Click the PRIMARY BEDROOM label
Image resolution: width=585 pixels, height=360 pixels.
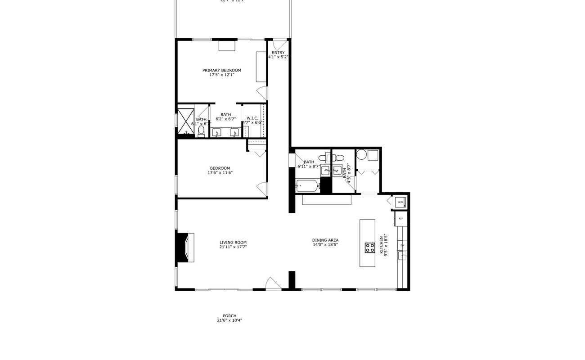pos(221,70)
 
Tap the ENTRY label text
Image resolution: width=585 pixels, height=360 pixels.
pos(278,53)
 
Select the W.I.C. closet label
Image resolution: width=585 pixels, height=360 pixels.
pos(252,118)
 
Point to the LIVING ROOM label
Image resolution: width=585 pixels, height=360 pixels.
pos(233,243)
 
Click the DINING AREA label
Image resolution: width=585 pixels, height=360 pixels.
pos(325,240)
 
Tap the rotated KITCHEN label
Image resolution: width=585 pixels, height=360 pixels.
pos(382,245)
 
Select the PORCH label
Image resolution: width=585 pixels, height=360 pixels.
pos(229,316)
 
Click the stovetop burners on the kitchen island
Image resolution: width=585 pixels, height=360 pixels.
pos(370,247)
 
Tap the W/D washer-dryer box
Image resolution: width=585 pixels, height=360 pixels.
pos(400,202)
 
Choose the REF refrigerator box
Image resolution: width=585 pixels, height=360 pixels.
pos(400,219)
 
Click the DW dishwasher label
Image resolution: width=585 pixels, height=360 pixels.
pos(402,245)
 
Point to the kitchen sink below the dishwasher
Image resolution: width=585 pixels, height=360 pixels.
pos(402,256)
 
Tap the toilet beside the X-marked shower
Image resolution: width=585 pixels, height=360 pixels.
pos(201,130)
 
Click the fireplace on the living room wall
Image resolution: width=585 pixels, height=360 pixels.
pos(185,247)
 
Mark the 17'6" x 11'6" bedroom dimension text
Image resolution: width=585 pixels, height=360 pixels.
pos(220,173)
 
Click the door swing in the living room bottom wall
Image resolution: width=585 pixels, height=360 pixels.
pos(273,283)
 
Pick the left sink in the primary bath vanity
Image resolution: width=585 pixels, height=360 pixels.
pos(216,132)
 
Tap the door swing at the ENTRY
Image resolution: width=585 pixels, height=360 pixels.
pos(279,45)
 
